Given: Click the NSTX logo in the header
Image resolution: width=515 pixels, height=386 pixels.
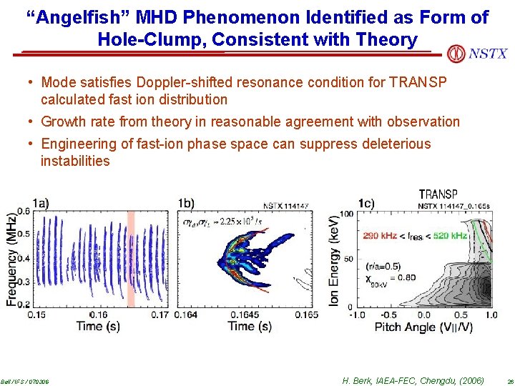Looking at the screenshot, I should coord(476,54).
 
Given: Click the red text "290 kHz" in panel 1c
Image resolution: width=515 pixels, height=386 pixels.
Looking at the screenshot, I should coord(381,235).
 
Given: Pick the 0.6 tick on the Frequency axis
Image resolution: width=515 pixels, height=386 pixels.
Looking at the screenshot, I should coord(24,210).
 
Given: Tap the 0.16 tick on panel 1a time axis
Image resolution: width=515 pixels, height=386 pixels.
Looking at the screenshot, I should coord(100,315).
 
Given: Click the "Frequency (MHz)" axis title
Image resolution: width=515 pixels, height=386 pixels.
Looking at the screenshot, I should coord(11,257).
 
